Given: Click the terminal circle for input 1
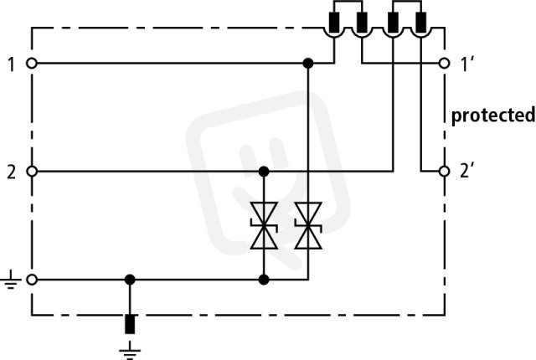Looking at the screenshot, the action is pos(32,63).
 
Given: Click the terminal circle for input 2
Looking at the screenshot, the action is pos(32,171).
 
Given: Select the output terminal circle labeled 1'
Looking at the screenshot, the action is pos(444,63).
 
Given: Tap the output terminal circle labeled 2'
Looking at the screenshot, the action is pos(444,171).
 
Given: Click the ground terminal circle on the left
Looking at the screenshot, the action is pos(32,280).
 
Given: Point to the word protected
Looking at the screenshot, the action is pos(493,115).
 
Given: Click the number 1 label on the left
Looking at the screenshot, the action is pos(11,64).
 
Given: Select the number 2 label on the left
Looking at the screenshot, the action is pos(11,172).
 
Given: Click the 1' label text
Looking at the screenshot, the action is pos(467,64).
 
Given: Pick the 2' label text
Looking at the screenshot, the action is pos(467,172).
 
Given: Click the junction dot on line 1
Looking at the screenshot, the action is pos(308,63).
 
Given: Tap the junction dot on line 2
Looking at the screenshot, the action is pos(264,171).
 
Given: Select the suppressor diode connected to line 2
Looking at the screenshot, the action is pos(264,225).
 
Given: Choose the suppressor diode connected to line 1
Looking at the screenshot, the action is pos(308,225).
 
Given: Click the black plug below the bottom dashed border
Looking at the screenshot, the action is pos(130,324).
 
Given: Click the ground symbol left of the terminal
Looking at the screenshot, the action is pos(10,280).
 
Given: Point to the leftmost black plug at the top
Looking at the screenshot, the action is pos(334,23).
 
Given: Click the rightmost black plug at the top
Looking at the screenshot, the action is pos(421,23).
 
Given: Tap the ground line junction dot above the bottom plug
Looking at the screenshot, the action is pos(130,280).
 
